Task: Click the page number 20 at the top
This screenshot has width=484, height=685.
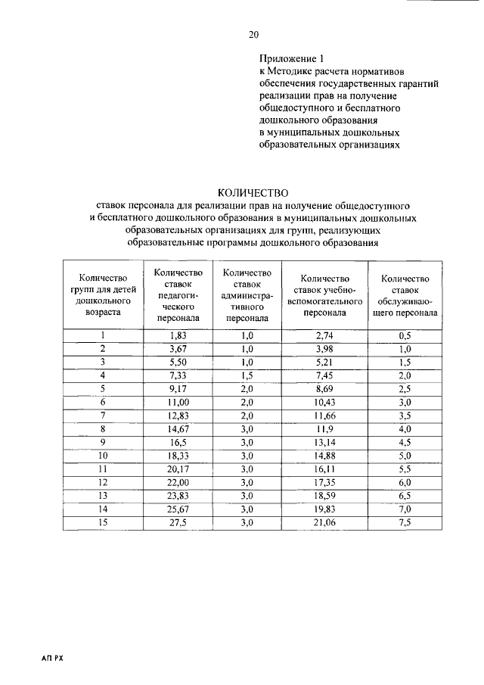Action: coord(253,35)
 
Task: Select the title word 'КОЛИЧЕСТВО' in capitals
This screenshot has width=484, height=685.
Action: coord(253,192)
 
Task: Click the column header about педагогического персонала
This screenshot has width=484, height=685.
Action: coord(178,295)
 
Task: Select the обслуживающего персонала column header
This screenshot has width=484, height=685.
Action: coord(405,295)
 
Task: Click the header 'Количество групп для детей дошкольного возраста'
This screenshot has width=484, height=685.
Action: coord(102,295)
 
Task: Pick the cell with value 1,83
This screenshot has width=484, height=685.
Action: coord(178,335)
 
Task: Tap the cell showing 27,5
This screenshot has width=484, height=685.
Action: coord(178,523)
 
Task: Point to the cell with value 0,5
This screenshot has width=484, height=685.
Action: coord(405,335)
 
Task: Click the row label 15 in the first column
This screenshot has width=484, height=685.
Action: coord(102,523)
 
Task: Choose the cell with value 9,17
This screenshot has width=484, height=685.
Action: coord(178,389)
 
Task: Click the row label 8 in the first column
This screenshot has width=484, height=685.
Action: coord(102,429)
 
